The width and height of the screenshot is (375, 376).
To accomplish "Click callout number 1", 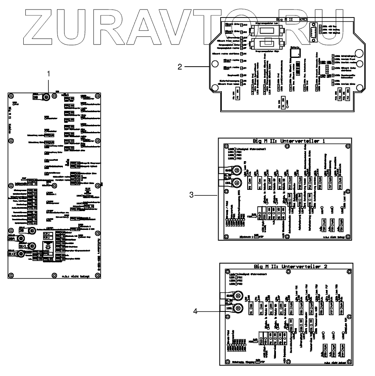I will pyautogui.click(x=49, y=74).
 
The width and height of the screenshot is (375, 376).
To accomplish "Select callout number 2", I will pyautogui.click(x=180, y=66).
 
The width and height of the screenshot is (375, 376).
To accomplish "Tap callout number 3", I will pyautogui.click(x=191, y=194).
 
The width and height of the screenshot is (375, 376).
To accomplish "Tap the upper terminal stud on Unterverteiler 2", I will pyautogui.click(x=237, y=296).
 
